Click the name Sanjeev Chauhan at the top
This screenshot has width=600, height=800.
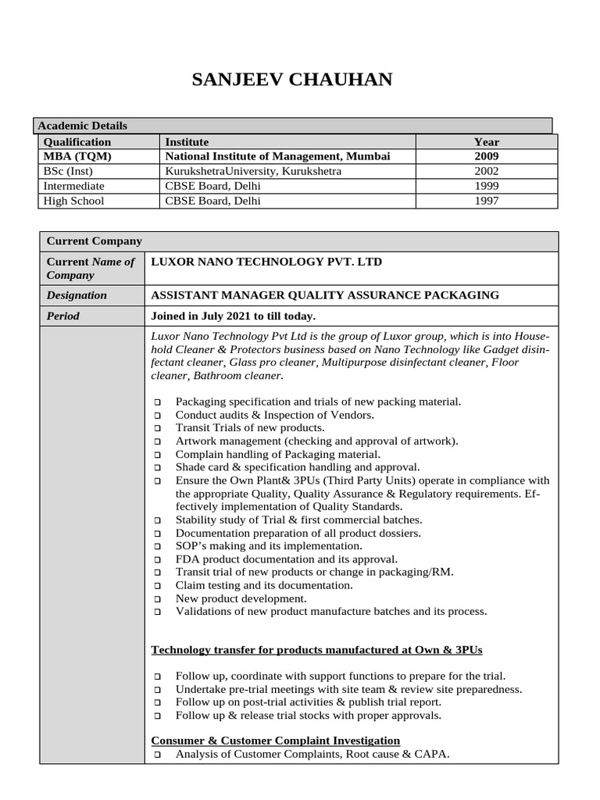(x=293, y=80)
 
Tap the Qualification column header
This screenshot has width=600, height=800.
(x=77, y=141)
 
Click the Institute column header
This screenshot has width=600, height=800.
(x=187, y=141)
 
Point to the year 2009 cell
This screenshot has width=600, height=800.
(x=486, y=156)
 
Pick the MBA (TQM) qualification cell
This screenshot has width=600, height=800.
(x=77, y=156)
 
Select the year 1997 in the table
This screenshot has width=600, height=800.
(x=486, y=201)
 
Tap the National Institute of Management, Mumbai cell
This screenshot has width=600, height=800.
(x=277, y=156)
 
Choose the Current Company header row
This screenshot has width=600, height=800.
(x=95, y=241)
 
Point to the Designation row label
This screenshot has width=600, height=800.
(x=77, y=295)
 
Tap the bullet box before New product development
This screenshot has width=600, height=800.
(x=157, y=599)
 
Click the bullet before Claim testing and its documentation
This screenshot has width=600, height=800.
(x=157, y=586)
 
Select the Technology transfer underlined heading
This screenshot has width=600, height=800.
(x=321, y=650)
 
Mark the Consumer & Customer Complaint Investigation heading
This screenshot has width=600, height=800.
(x=275, y=740)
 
